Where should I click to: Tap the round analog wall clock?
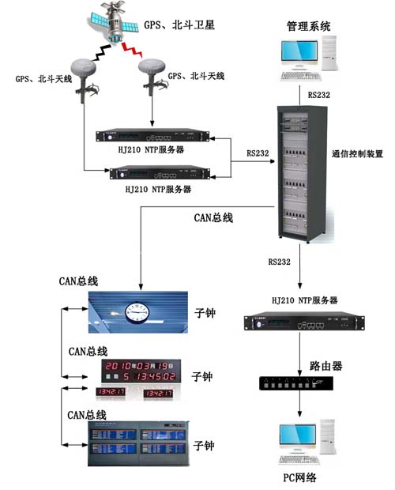(x=137, y=314)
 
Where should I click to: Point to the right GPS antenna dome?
(x=155, y=73)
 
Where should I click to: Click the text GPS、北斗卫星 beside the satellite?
(x=179, y=25)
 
